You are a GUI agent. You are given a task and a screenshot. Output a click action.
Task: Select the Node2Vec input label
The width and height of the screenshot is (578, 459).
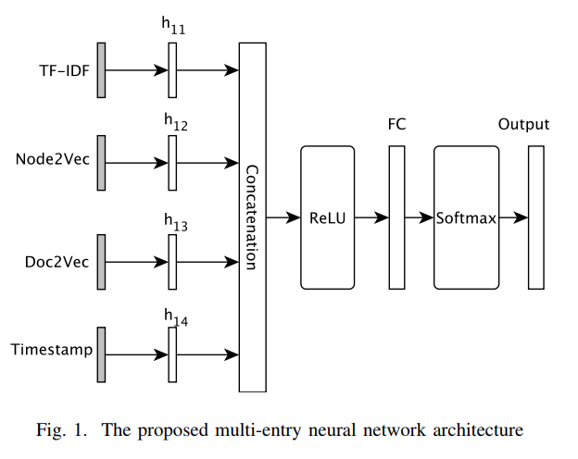52,157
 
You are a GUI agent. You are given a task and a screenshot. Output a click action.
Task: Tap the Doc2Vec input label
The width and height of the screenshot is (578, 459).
57,261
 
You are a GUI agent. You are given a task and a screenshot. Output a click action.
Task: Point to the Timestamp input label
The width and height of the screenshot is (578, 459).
50,350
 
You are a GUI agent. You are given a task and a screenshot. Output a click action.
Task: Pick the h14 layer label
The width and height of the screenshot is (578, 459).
173,319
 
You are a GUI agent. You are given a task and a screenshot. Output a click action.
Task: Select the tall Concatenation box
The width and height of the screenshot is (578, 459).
252,217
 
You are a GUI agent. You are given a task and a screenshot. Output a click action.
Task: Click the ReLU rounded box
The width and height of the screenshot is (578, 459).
327,217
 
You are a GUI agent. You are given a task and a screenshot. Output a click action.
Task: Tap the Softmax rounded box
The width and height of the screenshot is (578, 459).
466,217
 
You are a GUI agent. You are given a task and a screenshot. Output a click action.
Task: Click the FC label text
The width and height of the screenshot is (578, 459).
397,125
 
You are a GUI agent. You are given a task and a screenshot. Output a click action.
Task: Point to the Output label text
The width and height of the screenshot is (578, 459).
523,125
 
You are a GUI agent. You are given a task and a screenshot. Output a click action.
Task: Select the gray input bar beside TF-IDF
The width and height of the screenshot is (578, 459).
101,70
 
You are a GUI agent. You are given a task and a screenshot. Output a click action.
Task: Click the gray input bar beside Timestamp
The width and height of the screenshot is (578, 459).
101,354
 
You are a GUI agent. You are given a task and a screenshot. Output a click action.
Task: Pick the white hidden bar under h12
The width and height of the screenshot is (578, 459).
172,163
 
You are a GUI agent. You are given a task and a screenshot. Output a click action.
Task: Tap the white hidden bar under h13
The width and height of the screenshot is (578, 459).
172,261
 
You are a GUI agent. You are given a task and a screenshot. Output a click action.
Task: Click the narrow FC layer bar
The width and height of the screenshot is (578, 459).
396,217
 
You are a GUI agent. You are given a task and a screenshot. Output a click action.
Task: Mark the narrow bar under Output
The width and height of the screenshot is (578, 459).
535,217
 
